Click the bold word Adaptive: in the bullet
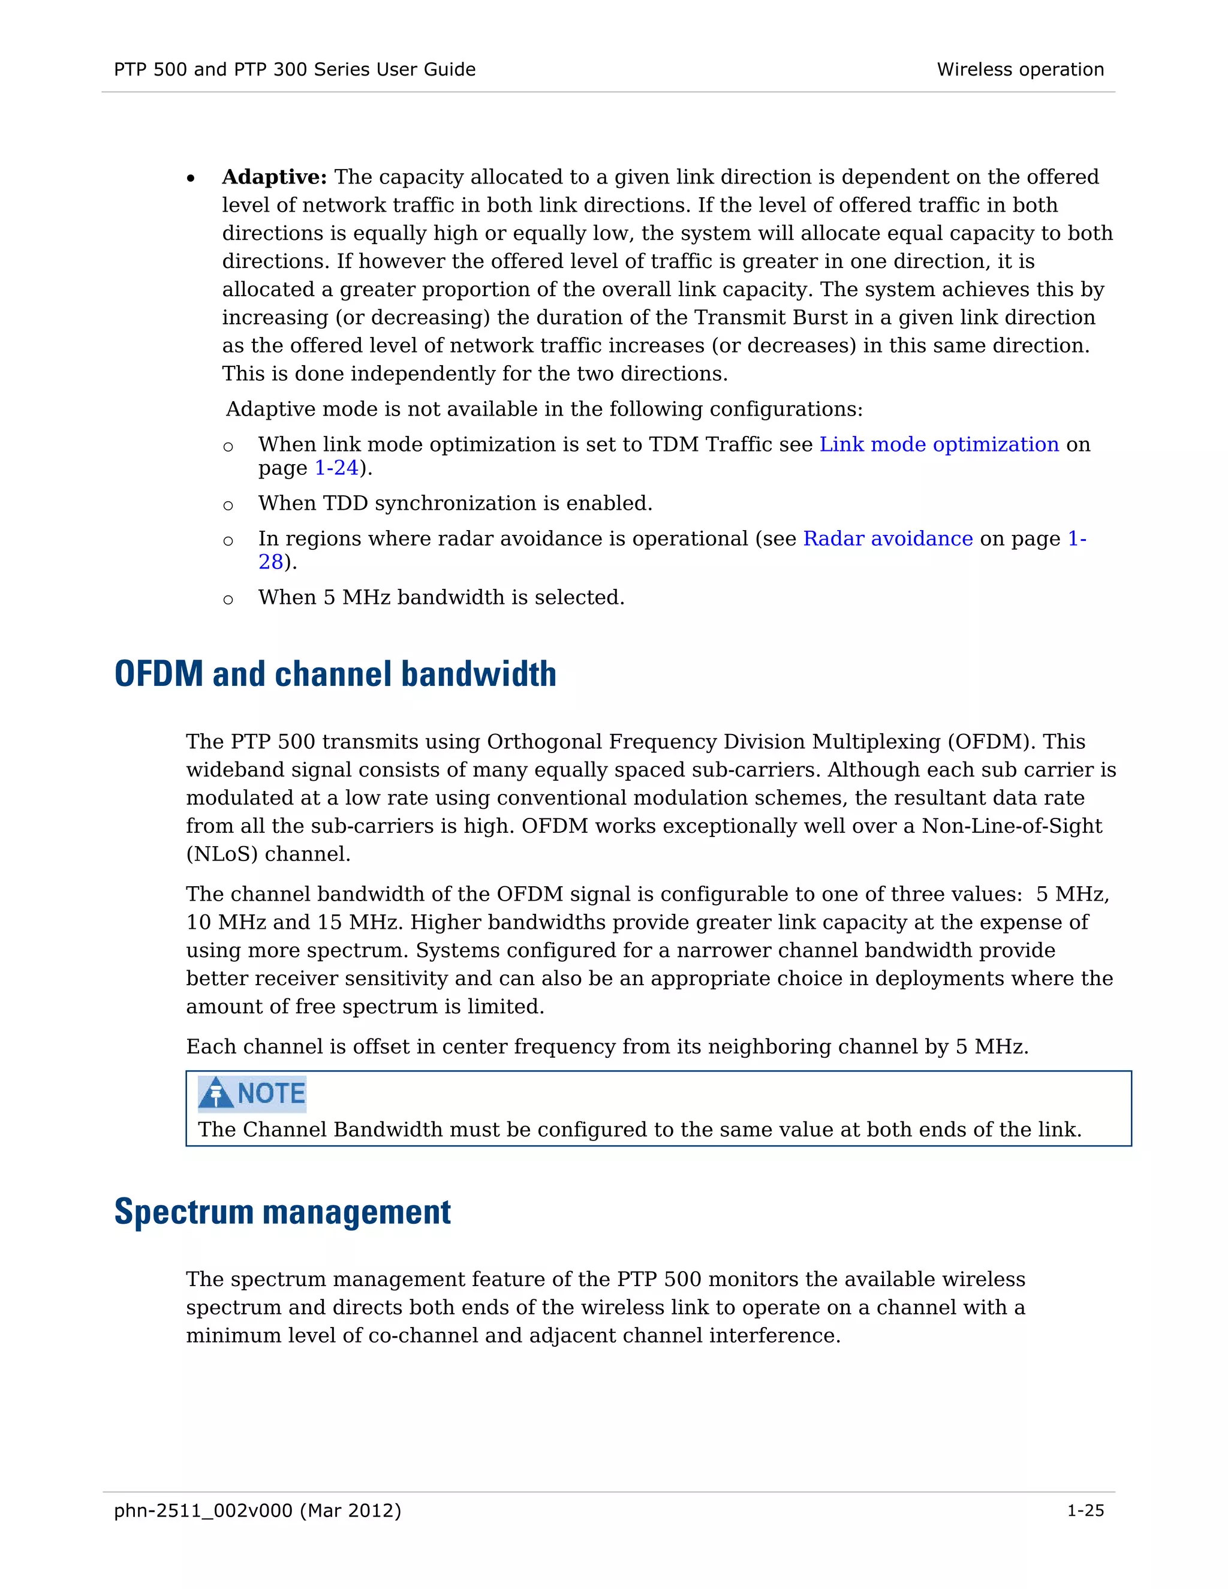coord(274,177)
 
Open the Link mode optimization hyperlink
coord(938,444)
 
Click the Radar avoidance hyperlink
coord(887,538)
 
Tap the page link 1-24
coord(336,468)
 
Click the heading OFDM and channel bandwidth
coord(335,674)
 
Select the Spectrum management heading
coord(282,1212)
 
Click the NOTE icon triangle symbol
coord(215,1094)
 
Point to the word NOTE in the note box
coord(272,1094)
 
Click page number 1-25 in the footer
coord(1085,1510)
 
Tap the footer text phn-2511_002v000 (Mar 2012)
coord(257,1510)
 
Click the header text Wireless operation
coord(1020,70)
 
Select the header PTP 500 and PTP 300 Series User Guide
coord(294,70)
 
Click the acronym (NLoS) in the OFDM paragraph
coord(222,854)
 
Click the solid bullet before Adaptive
coord(191,179)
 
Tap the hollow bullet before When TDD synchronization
coord(228,505)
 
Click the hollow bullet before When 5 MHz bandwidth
coord(228,600)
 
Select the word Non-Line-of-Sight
coord(1011,826)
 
